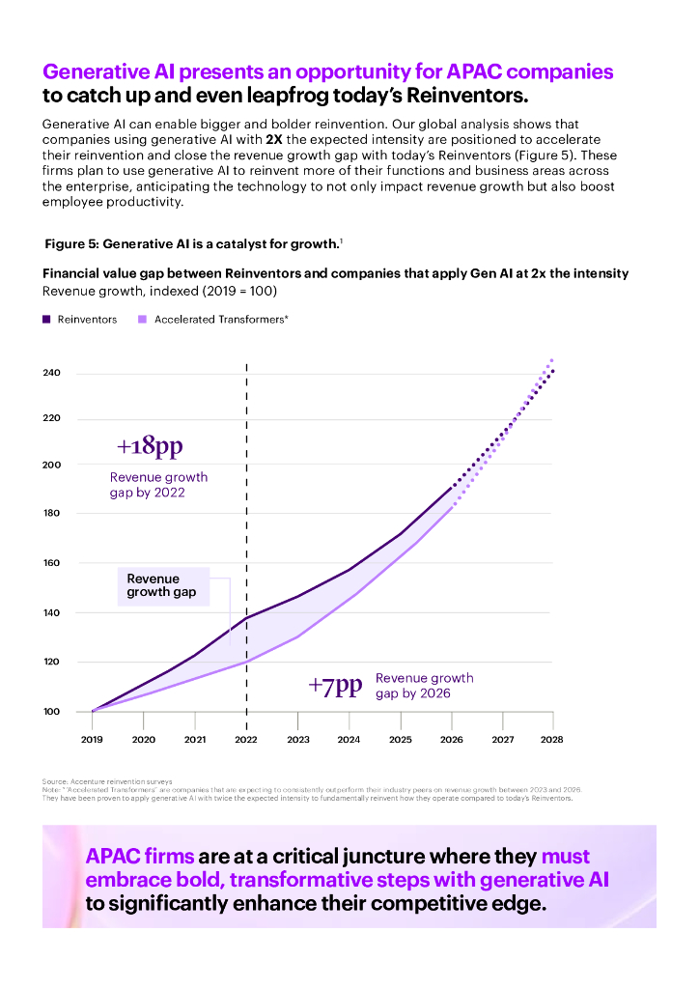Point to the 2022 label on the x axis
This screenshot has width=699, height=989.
[x=246, y=740]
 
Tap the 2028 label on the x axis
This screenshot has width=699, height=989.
[x=552, y=740]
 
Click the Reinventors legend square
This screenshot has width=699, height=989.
[x=46, y=320]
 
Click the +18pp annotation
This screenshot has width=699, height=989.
[x=150, y=447]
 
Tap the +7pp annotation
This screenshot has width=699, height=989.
[x=335, y=686]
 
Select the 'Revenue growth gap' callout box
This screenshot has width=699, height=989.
[x=161, y=585]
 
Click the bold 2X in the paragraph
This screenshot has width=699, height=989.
[x=274, y=139]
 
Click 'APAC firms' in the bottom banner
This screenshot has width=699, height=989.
[x=140, y=856]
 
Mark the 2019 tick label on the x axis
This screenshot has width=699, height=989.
[x=93, y=740]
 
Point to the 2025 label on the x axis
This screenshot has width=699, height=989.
[x=400, y=740]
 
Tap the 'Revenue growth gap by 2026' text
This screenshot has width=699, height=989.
[x=425, y=686]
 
